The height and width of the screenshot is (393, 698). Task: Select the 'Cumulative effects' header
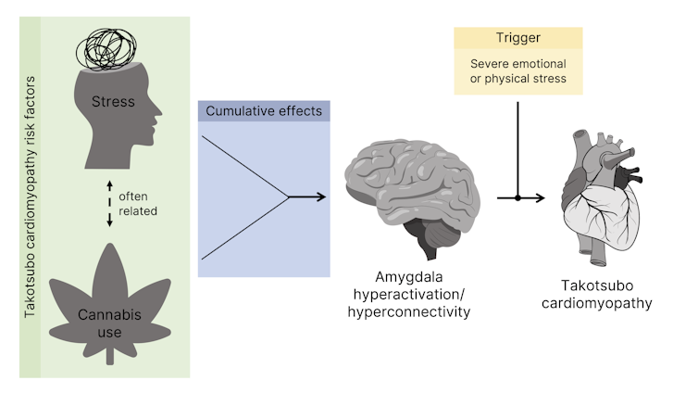(264, 111)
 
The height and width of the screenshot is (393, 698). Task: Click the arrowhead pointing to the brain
(321, 196)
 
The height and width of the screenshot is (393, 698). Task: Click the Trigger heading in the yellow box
(517, 39)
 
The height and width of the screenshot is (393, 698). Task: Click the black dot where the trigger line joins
(517, 197)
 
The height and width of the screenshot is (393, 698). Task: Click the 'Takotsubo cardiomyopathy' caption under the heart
(611, 295)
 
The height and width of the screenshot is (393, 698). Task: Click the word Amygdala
(408, 278)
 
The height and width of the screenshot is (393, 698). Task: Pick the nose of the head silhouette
(163, 121)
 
